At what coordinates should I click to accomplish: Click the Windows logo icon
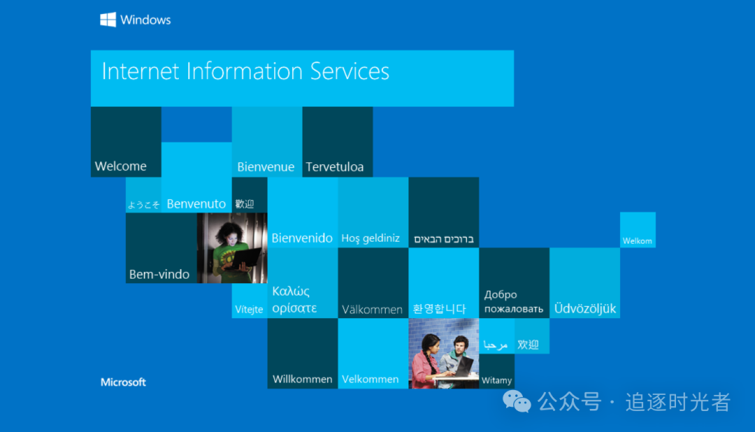tap(108, 20)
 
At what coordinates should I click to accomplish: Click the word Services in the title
tap(350, 71)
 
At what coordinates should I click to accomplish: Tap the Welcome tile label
tap(121, 166)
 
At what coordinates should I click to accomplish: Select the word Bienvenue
tap(266, 166)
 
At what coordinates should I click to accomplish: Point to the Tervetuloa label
tap(335, 166)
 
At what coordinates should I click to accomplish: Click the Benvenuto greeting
tap(196, 203)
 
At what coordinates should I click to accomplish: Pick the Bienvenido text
tap(302, 238)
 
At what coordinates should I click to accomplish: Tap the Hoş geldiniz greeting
tap(371, 238)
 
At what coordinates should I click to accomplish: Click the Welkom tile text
tap(637, 240)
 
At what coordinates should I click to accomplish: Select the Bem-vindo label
tap(159, 275)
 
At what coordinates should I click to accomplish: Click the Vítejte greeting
tap(249, 309)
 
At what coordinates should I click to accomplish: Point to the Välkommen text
tap(372, 309)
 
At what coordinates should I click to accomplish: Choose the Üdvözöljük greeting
tap(585, 308)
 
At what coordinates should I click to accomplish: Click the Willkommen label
tap(303, 379)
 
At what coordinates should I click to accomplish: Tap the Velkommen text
tap(371, 379)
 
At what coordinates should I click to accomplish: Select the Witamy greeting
tap(496, 380)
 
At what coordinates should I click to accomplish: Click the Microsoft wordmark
tap(123, 382)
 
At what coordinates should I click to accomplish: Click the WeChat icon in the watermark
tap(517, 402)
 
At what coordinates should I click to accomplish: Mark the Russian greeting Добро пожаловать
tap(514, 301)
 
